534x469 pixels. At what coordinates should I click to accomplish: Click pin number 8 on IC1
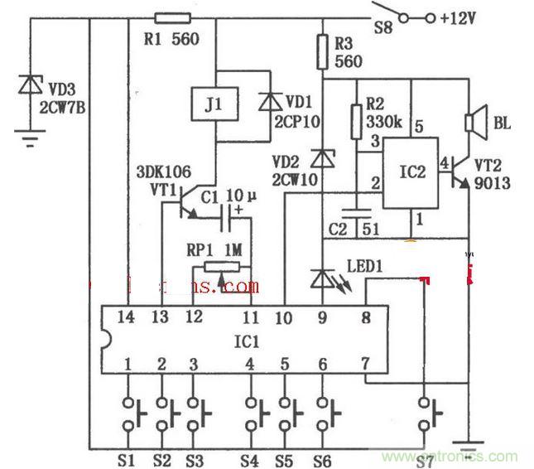pyautogui.click(x=366, y=315)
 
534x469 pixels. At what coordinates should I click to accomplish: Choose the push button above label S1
pyautogui.click(x=129, y=410)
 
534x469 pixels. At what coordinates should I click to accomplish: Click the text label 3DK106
pyautogui.click(x=164, y=172)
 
